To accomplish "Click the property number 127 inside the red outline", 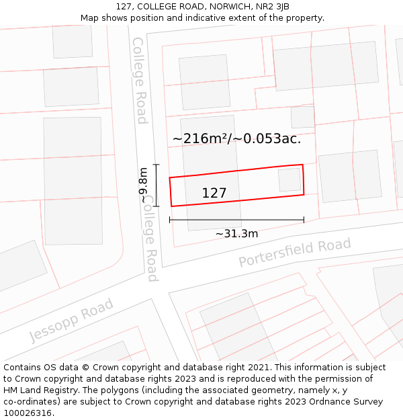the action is tap(214, 194).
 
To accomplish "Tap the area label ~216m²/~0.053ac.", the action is tap(236, 139).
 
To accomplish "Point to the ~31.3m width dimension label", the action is tap(236, 234).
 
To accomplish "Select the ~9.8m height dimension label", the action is tap(143, 185).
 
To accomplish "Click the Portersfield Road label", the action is tap(295, 253).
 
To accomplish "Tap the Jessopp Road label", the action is tap(71, 320).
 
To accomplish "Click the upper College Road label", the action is tap(139, 80).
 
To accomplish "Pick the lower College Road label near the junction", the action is tap(152, 242).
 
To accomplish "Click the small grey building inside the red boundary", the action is tap(289, 179).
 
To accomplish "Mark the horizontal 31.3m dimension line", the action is tap(236, 220).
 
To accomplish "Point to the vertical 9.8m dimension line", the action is tap(156, 185).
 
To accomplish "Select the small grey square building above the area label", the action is tap(302, 117).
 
